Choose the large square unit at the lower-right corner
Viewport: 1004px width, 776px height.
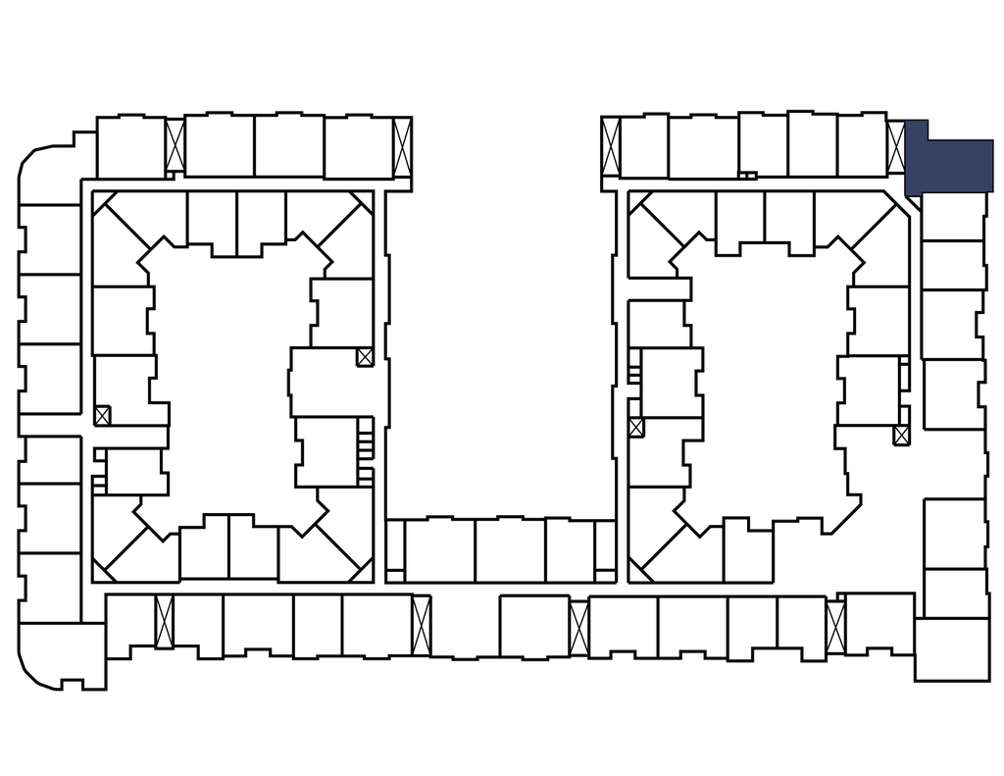(952, 647)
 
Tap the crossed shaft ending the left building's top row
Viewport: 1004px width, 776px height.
(402, 147)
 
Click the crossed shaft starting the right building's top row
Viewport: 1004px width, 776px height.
(610, 147)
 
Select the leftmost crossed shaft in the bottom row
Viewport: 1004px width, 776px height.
(164, 622)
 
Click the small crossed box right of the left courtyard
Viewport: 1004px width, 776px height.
(365, 357)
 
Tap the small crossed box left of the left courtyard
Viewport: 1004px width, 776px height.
(103, 414)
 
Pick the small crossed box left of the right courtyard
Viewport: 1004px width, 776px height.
(636, 428)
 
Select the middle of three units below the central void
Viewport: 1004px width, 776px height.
(510, 550)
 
